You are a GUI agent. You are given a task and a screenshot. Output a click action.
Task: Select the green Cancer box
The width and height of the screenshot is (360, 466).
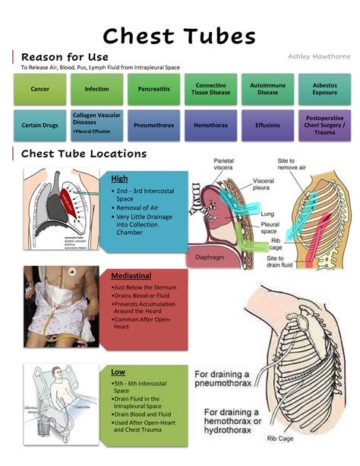(x=39, y=89)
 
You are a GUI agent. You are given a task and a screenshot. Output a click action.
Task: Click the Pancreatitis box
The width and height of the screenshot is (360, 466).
(x=153, y=89)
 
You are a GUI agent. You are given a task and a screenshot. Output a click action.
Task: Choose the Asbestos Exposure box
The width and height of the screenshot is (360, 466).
(x=325, y=89)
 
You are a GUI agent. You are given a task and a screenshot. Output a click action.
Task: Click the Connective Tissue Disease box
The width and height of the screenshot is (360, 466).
(x=210, y=89)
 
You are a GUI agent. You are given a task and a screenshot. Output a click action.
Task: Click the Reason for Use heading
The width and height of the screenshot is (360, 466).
(x=65, y=57)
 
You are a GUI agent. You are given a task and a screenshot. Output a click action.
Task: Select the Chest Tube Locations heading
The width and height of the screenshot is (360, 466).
(x=84, y=154)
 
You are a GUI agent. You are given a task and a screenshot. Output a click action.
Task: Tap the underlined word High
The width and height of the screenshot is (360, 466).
(x=119, y=178)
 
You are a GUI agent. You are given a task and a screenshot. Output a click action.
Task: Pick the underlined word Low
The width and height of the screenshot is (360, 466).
(x=118, y=372)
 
